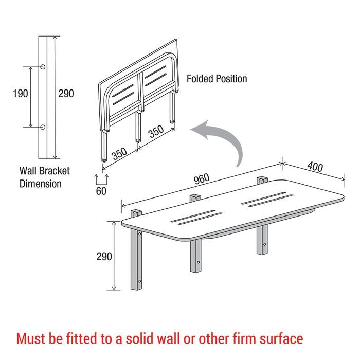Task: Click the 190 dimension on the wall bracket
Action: coord(21,94)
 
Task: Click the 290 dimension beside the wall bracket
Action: coord(66,94)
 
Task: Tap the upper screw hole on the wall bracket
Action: coord(43,67)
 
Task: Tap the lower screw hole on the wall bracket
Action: coord(43,127)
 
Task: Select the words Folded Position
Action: coord(217,79)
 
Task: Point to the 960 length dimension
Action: coord(202,179)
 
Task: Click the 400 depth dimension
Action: coord(315,167)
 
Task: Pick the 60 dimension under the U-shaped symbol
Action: coord(101,191)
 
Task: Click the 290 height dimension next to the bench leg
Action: coord(104,257)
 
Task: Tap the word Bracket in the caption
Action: coord(55,171)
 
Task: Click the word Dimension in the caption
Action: coord(41,184)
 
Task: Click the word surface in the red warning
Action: coord(281,339)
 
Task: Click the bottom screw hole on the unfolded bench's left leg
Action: coord(139,281)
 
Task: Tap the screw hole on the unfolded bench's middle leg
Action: coord(199,262)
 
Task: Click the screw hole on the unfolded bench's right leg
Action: coord(265,244)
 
